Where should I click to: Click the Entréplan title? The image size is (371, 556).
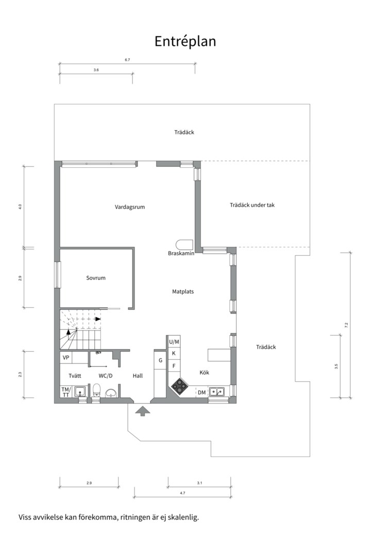pyautogui.click(x=185, y=42)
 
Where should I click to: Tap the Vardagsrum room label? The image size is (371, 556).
pyautogui.click(x=129, y=207)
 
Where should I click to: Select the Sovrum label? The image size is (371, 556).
pyautogui.click(x=96, y=278)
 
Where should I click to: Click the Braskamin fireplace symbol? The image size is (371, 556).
pyautogui.click(x=184, y=245)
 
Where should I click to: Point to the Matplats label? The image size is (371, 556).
pyautogui.click(x=183, y=292)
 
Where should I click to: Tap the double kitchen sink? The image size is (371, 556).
pyautogui.click(x=216, y=392)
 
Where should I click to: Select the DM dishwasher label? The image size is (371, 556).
pyautogui.click(x=201, y=392)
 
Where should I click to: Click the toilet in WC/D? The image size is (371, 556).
pyautogui.click(x=96, y=391)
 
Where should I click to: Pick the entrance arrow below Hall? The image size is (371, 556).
pyautogui.click(x=143, y=411)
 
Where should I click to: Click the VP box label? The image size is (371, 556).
pyautogui.click(x=65, y=358)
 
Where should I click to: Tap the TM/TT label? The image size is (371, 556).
pyautogui.click(x=66, y=392)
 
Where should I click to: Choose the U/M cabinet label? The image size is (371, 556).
pyautogui.click(x=174, y=342)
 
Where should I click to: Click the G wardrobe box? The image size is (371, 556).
pyautogui.click(x=160, y=360)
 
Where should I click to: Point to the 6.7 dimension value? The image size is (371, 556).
pyautogui.click(x=127, y=60)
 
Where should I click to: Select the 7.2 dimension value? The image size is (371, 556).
pyautogui.click(x=346, y=324)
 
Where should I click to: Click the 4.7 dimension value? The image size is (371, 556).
pyautogui.click(x=182, y=493)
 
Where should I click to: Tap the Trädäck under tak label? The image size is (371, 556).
pyautogui.click(x=252, y=205)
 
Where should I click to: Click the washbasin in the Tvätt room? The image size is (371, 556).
pyautogui.click(x=80, y=391)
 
